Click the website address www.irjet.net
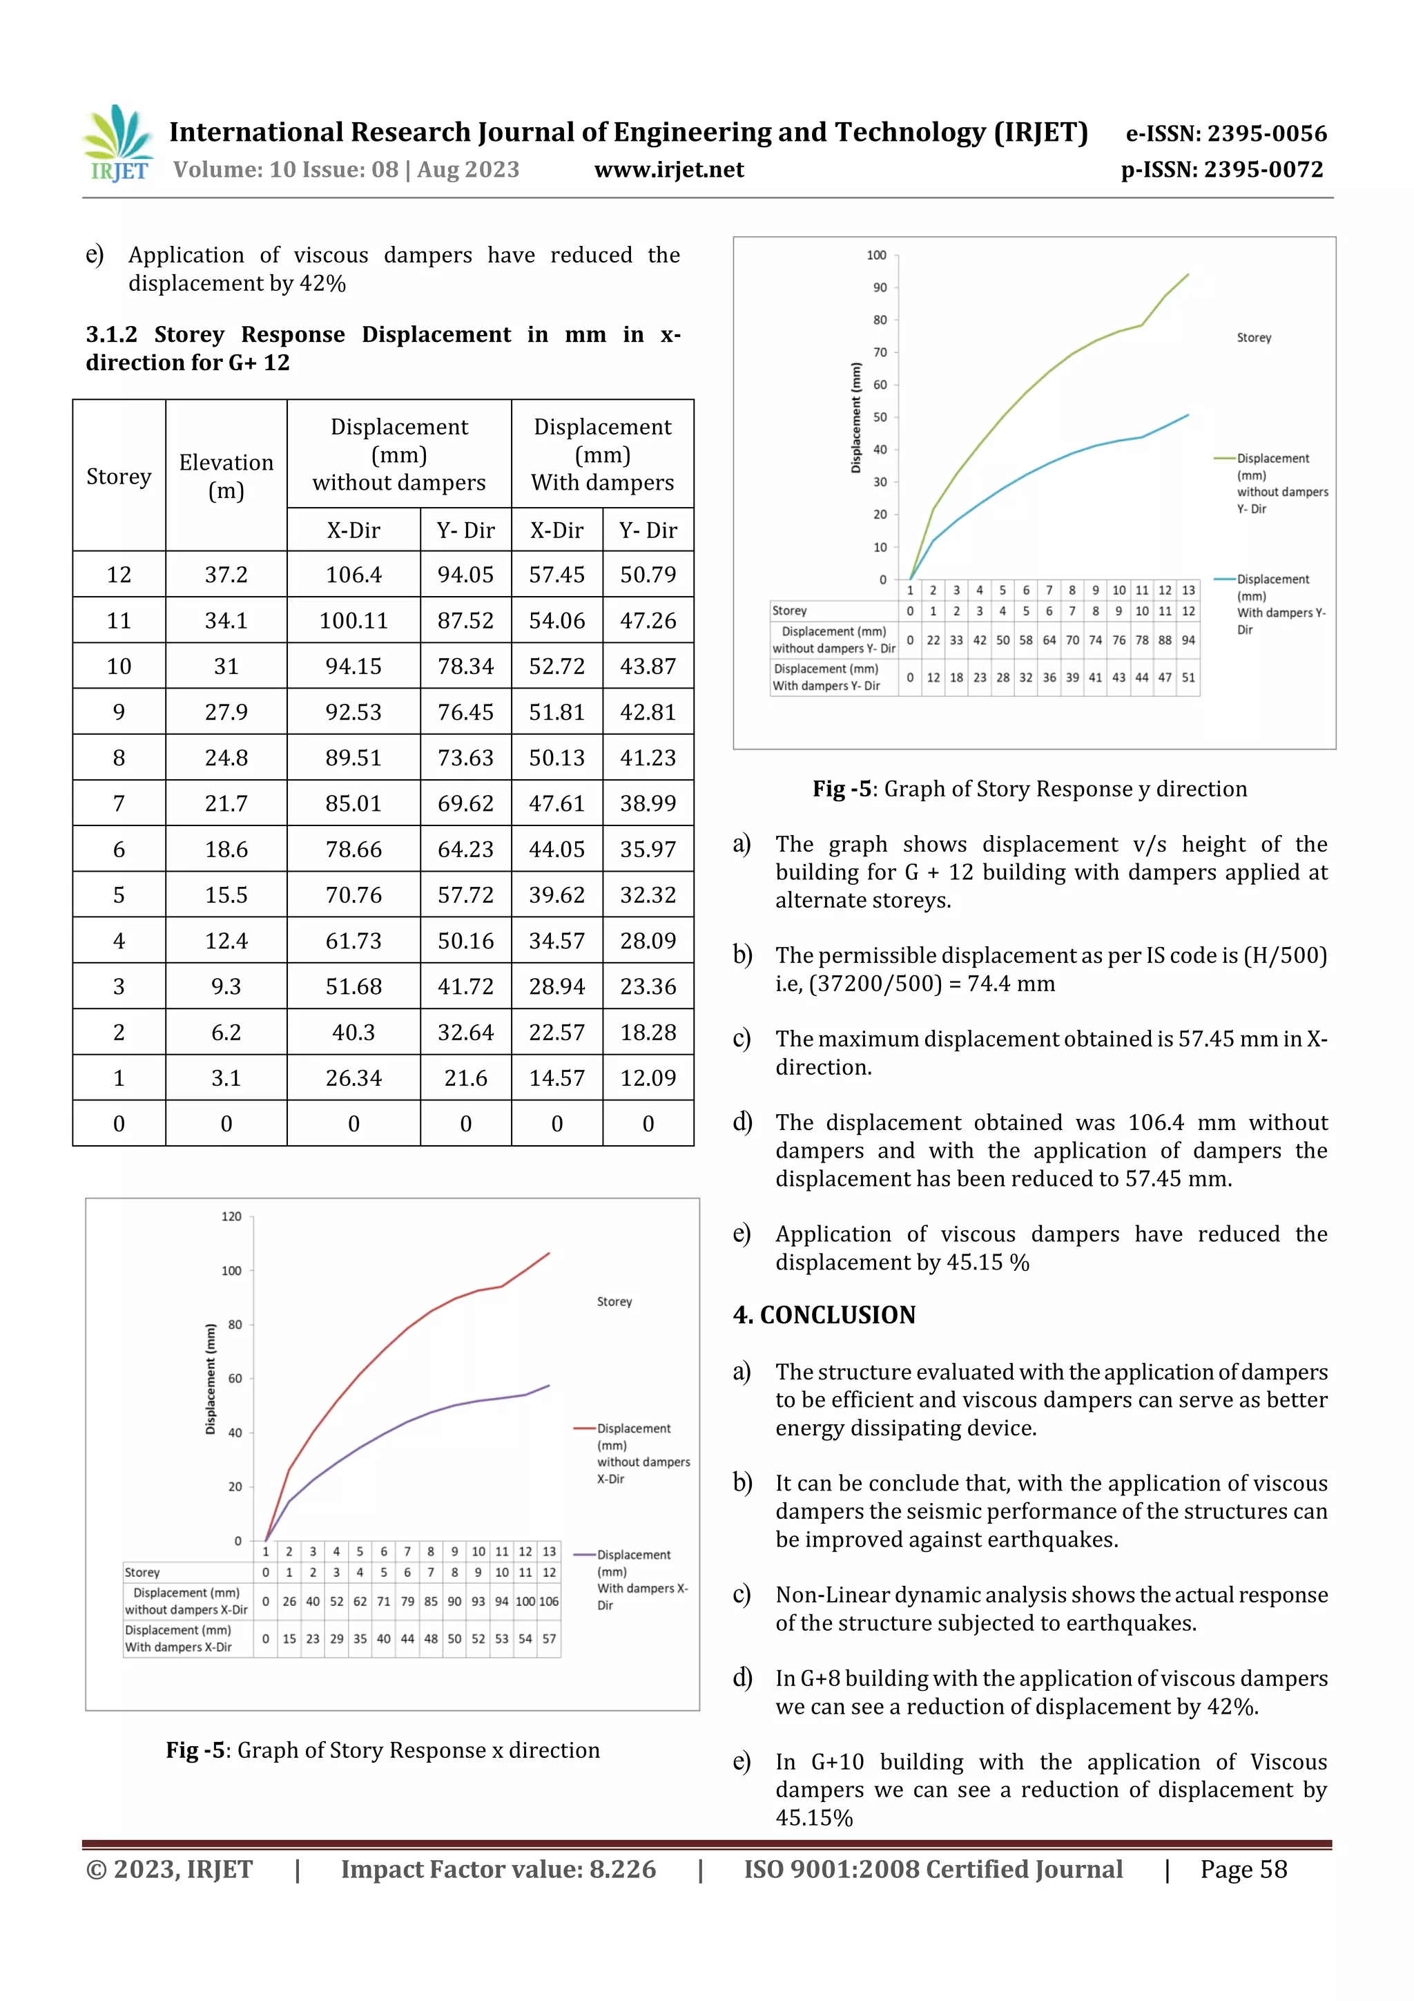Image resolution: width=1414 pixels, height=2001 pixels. tap(668, 170)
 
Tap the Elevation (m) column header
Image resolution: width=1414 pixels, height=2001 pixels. tap(226, 476)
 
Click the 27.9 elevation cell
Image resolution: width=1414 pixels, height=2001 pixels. tap(226, 712)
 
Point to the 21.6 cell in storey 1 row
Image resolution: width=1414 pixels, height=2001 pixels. tap(465, 1078)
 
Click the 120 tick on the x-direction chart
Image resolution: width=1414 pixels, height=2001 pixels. tap(231, 1216)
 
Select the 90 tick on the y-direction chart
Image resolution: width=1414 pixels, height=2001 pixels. tap(880, 287)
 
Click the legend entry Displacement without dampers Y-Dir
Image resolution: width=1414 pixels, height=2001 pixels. tap(1281, 484)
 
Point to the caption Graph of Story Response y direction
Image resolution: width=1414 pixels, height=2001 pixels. tap(1064, 789)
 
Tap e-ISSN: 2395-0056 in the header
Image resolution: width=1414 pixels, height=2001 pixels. tap(1225, 133)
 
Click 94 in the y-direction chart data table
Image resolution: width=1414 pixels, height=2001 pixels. tap(1188, 640)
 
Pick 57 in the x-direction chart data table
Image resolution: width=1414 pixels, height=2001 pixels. tap(549, 1639)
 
